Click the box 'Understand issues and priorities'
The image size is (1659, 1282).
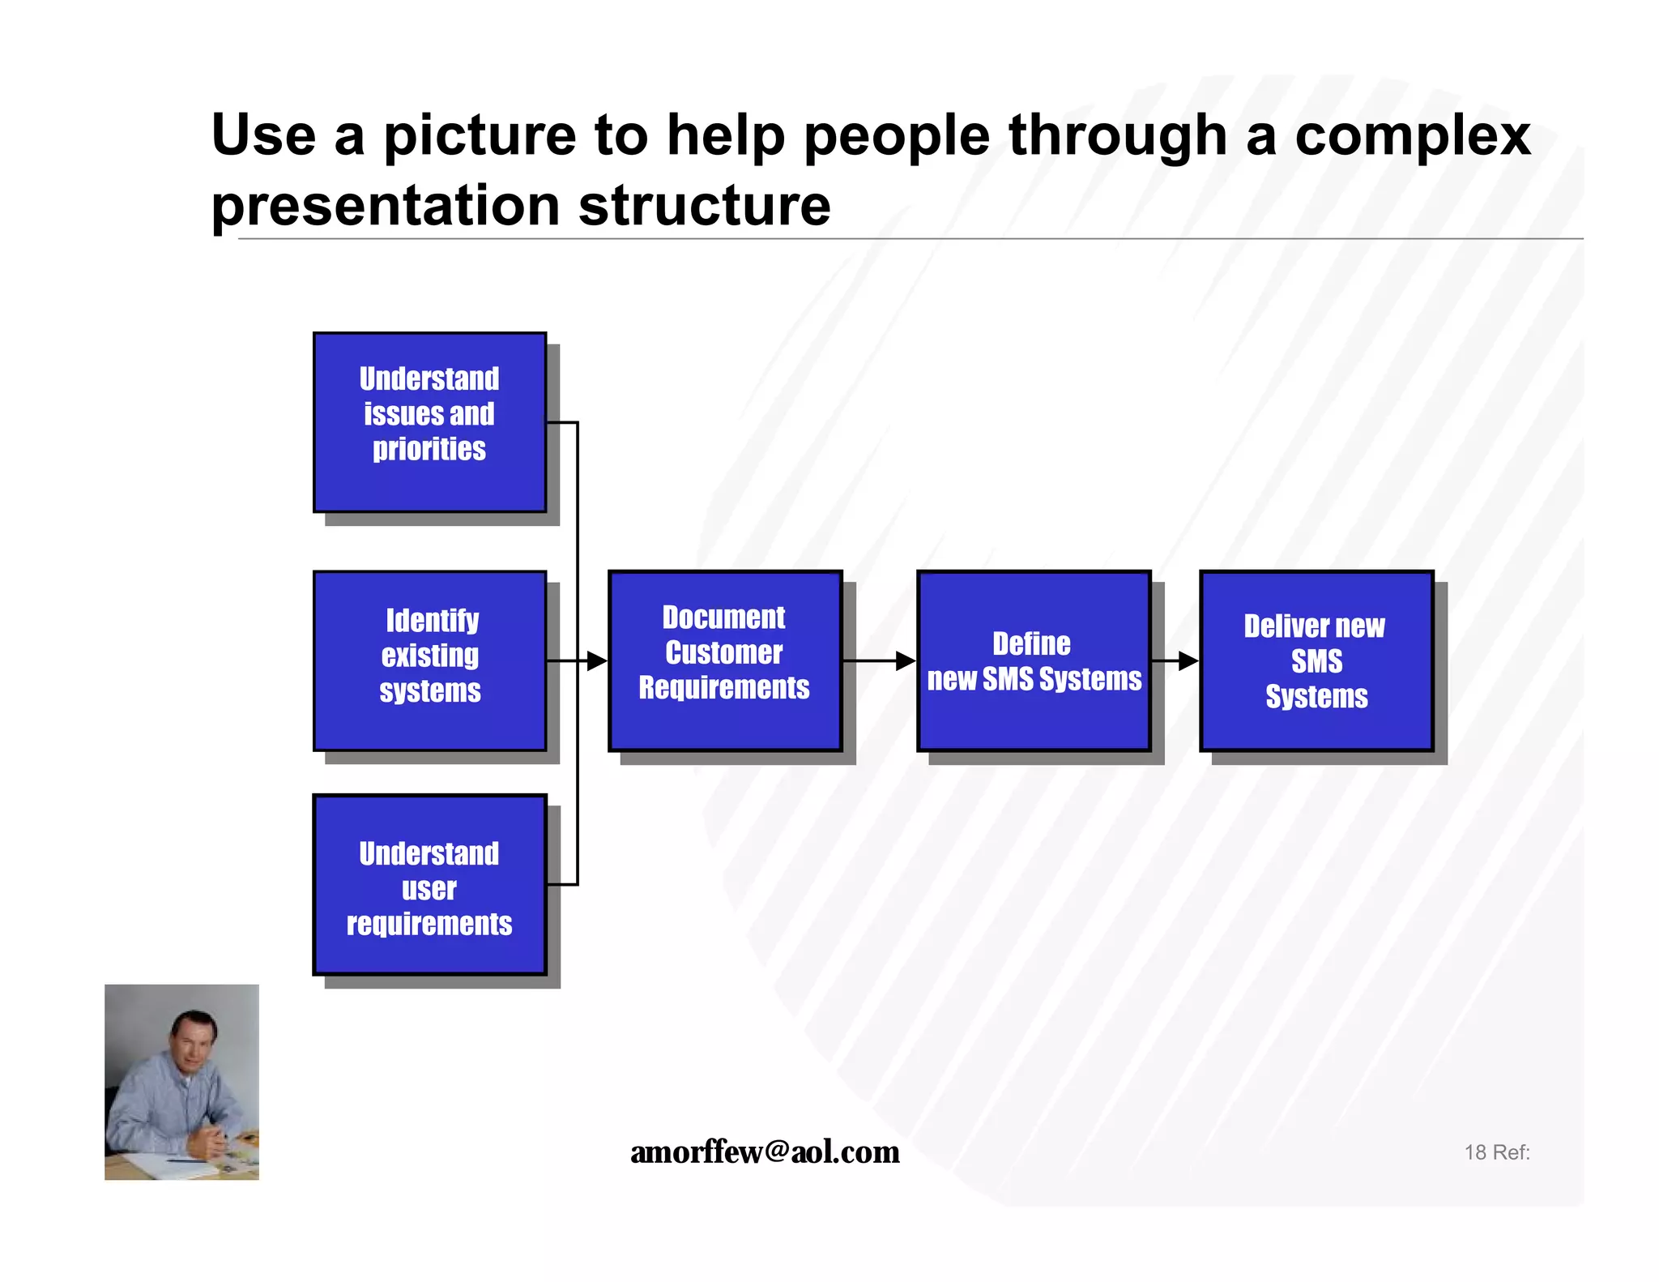tap(429, 422)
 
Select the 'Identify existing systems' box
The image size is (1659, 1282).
tap(429, 660)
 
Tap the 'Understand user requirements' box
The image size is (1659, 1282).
tap(429, 884)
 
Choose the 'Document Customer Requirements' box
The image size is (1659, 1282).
tap(724, 660)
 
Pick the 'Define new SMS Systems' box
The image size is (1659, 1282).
tap(1034, 660)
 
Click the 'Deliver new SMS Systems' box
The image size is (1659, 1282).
tap(1316, 660)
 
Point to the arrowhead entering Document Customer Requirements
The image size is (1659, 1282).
tap(597, 661)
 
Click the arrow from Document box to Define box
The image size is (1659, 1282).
tap(878, 661)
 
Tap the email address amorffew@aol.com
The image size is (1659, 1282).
tap(765, 1152)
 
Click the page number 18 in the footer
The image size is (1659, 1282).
tap(1474, 1152)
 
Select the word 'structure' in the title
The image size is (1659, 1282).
tap(704, 206)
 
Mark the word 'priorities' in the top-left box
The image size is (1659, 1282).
tap(429, 449)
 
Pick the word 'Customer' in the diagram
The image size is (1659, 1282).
tap(724, 652)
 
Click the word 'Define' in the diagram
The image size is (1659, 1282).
tap(1031, 643)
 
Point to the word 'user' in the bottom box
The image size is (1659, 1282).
tap(429, 889)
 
